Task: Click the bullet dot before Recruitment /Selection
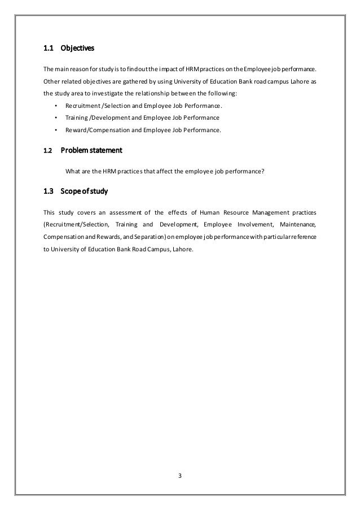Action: [x=55, y=106]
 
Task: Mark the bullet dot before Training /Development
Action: [x=55, y=118]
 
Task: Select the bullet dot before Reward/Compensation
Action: [x=55, y=130]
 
